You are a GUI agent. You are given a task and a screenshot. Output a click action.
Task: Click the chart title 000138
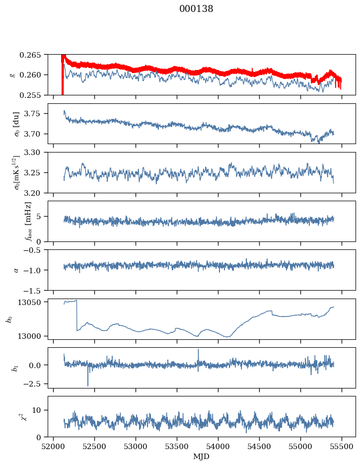pos(196,9)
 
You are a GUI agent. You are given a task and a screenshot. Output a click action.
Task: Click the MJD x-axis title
pos(202,457)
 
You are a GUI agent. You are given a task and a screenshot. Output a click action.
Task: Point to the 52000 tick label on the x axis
pos(53,447)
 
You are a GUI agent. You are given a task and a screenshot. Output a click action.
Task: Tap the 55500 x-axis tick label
pos(342,447)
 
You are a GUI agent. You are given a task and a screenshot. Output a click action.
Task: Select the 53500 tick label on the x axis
pos(177,447)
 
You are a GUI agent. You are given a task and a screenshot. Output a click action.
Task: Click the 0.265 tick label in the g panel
pos(30,55)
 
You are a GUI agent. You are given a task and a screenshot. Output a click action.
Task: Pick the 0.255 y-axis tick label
pos(30,95)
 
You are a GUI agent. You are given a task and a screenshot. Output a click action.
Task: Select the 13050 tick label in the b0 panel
pos(30,302)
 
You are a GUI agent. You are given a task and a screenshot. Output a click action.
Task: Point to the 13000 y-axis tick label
pos(30,336)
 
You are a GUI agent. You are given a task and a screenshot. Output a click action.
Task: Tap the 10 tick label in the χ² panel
pos(36,410)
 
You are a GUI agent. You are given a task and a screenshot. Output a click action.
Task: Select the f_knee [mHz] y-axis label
pos(28,222)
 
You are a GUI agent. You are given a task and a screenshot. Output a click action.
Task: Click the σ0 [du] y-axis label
pos(16,124)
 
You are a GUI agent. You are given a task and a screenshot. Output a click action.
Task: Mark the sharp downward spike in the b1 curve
pos(88,377)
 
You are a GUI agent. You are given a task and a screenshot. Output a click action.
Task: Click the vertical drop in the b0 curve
pos(77,315)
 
